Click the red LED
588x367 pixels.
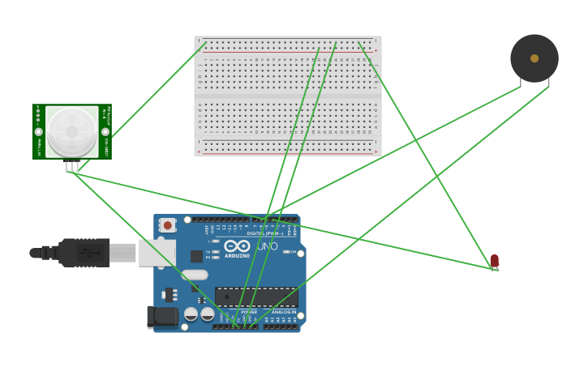[494, 260]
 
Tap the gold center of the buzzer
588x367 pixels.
[534, 58]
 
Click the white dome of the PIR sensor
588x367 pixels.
[71, 130]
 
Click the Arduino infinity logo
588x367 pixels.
[237, 245]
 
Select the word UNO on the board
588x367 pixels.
[267, 245]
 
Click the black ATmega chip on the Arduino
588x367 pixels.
[256, 297]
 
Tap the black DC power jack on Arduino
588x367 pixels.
[162, 316]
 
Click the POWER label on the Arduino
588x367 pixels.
[249, 311]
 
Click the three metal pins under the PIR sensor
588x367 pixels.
[72, 166]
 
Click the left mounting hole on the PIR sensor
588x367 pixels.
[38, 131]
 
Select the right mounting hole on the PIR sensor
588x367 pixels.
[105, 131]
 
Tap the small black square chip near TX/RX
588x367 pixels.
[196, 256]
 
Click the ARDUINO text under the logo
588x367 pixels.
[238, 255]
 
